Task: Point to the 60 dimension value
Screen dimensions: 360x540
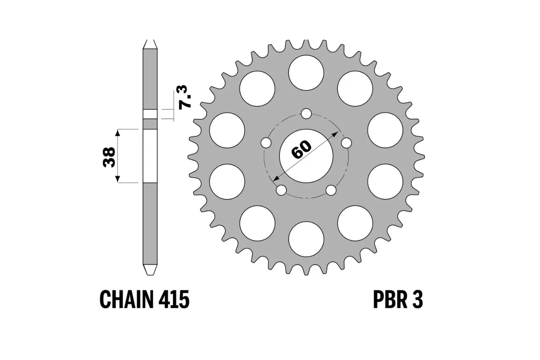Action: click(x=301, y=150)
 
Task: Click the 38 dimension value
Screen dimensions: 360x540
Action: click(x=109, y=156)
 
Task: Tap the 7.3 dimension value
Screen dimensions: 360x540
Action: click(x=185, y=96)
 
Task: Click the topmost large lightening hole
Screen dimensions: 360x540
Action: click(x=306, y=72)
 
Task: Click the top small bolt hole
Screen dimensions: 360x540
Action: click(x=306, y=113)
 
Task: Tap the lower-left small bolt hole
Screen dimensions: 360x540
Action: click(x=281, y=190)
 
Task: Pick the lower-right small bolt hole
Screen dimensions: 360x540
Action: click(x=331, y=190)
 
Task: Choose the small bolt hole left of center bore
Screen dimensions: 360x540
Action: click(x=266, y=143)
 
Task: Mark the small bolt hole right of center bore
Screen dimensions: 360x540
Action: click(x=346, y=143)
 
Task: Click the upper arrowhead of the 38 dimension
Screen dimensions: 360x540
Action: click(x=118, y=132)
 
